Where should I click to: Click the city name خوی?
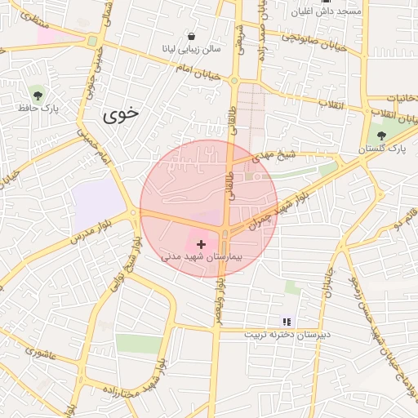click(x=122, y=115)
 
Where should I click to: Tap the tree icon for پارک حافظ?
click(x=36, y=92)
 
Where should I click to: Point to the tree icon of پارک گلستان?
click(x=383, y=135)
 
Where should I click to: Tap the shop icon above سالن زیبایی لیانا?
click(x=191, y=37)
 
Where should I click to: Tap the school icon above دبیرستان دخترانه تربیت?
click(x=286, y=321)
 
